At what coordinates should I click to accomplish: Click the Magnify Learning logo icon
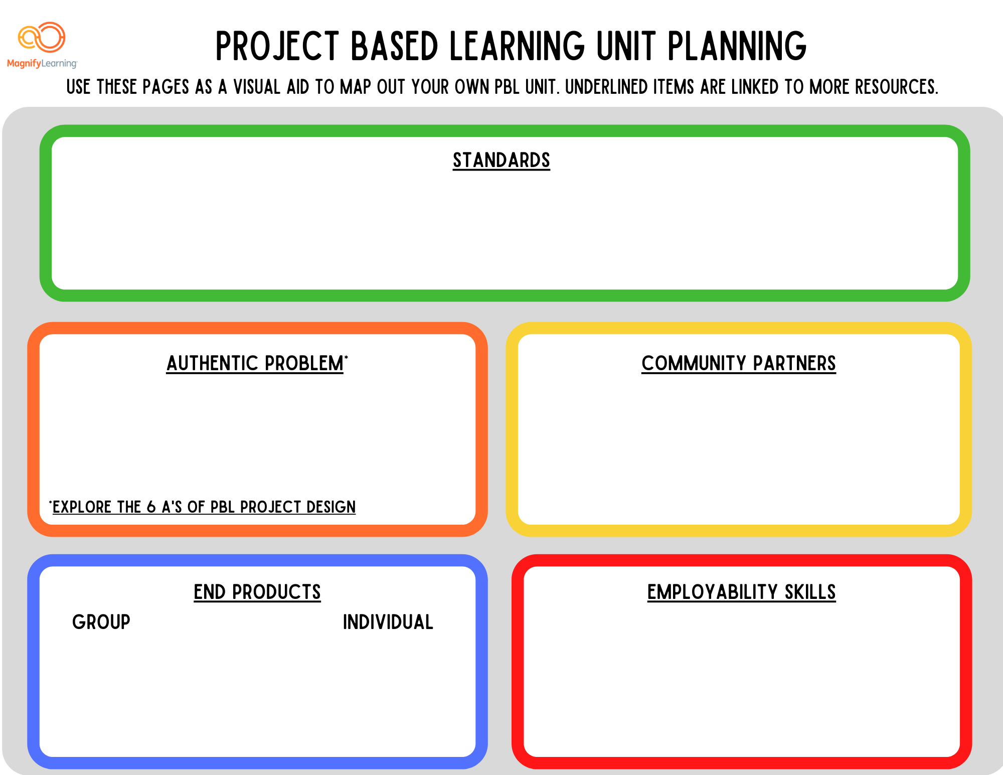(x=42, y=37)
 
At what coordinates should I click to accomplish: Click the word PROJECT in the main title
(x=277, y=46)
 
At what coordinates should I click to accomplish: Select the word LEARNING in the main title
(x=517, y=46)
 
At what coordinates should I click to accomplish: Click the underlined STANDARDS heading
(x=501, y=161)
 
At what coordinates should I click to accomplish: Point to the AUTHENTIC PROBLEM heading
(x=255, y=364)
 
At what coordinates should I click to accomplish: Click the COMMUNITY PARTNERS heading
(x=738, y=364)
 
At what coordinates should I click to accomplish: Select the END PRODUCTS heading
(x=257, y=592)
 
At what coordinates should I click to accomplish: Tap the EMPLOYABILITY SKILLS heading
(x=741, y=592)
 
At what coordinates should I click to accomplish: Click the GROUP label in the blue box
(x=101, y=622)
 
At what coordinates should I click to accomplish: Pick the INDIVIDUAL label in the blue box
(x=388, y=622)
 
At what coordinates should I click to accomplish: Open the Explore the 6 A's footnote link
(x=204, y=507)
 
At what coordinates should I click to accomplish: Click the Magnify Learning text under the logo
(x=42, y=64)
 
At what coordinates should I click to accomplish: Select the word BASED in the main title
(x=394, y=46)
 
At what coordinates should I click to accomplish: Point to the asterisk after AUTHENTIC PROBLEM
(x=346, y=356)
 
